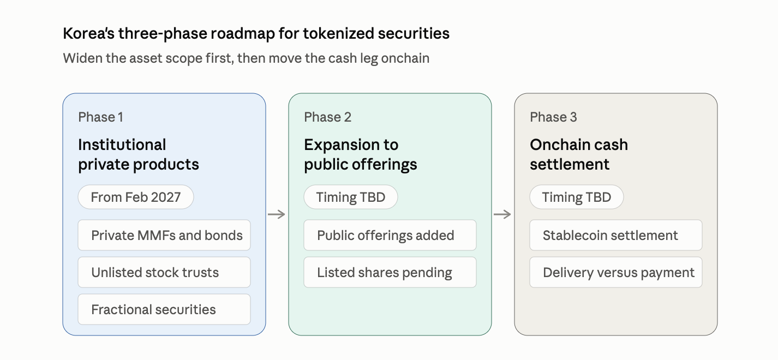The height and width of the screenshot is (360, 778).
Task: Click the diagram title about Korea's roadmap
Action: [x=256, y=34]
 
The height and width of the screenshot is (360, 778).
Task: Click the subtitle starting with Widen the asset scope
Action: [x=246, y=58]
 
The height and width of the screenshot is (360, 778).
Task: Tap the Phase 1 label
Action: [x=101, y=117]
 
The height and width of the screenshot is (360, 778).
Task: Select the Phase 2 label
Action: [x=327, y=117]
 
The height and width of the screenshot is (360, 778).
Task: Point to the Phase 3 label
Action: [x=553, y=117]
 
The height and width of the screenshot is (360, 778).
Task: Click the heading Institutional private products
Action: [x=139, y=154]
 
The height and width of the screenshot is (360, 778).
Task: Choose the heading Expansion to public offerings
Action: [x=361, y=154]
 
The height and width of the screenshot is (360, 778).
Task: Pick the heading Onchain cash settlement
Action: [x=579, y=154]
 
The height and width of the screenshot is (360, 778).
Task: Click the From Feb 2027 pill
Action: [x=136, y=197]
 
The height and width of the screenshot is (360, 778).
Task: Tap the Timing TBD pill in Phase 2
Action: [x=351, y=197]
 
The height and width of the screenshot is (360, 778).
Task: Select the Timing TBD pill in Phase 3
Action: [x=577, y=197]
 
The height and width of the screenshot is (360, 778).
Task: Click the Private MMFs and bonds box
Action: [x=164, y=235]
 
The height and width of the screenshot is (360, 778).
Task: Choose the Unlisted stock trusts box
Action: [x=164, y=272]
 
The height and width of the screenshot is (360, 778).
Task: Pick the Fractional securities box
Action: [x=164, y=309]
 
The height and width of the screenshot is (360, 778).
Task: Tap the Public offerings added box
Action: [x=390, y=235]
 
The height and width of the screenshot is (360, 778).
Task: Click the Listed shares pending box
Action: [x=390, y=272]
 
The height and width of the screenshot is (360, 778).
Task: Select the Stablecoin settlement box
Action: [x=616, y=235]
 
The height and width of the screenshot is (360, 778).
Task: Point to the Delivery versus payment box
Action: [x=616, y=272]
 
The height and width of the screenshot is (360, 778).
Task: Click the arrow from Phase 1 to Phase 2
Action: [x=277, y=214]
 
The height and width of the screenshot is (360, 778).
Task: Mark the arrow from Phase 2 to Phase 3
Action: [x=502, y=214]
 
